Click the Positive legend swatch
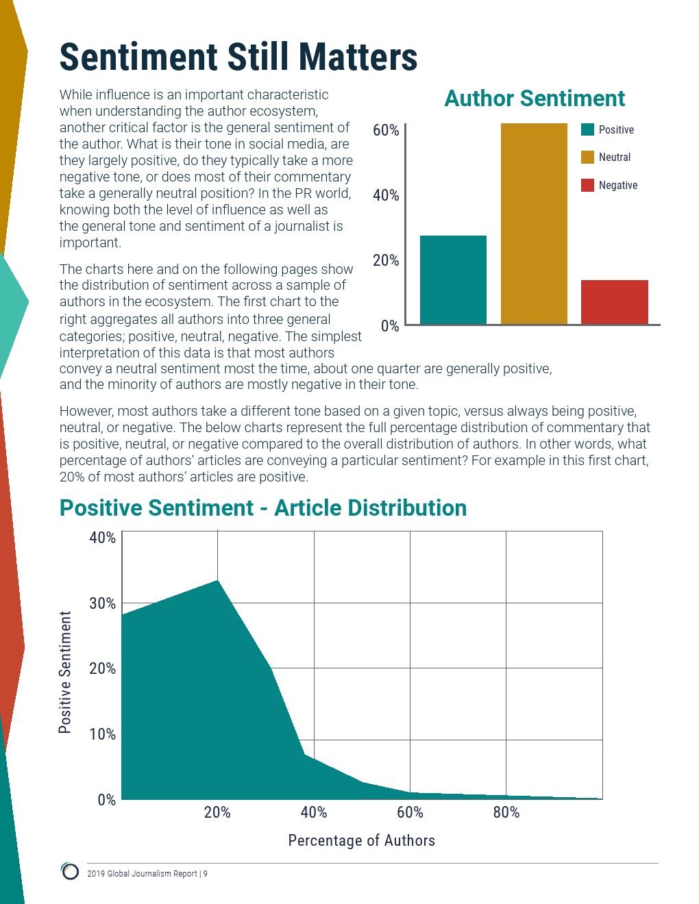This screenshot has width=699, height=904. (587, 129)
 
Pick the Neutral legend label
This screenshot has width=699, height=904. (614, 158)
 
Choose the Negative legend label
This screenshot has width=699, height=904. (617, 186)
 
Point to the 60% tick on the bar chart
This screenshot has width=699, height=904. (386, 130)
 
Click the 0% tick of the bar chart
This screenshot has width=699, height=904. (389, 326)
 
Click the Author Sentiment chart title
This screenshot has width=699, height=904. (535, 99)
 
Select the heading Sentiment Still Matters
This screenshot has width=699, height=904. (238, 57)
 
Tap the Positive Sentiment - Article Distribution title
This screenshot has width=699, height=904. (263, 508)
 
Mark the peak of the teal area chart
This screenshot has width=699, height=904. (217, 581)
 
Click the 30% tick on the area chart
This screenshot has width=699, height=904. (102, 603)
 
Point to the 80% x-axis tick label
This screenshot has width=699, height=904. (506, 813)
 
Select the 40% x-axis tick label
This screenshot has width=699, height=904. (314, 813)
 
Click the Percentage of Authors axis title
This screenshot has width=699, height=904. (361, 841)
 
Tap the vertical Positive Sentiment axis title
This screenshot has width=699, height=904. (65, 673)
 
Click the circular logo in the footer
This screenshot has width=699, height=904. (70, 871)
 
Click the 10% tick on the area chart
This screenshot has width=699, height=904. (102, 734)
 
